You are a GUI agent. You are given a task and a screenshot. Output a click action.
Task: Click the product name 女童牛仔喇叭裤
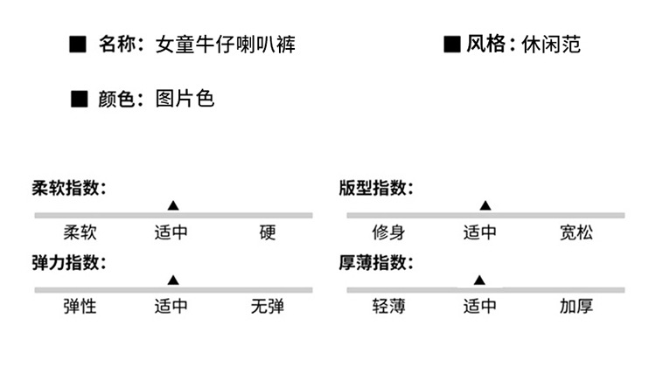click(226, 45)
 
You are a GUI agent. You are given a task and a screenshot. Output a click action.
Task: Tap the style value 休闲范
click(551, 44)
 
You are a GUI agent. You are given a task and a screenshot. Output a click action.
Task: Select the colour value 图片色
click(185, 99)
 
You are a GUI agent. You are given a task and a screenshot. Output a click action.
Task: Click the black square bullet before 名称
click(77, 45)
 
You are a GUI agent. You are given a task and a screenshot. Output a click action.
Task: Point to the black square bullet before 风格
click(452, 45)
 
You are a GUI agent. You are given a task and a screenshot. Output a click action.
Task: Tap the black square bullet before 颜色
click(79, 99)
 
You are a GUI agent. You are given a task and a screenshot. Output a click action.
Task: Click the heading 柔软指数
click(69, 188)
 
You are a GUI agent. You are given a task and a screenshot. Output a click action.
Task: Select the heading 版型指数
click(376, 188)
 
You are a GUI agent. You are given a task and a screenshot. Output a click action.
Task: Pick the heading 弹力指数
click(69, 262)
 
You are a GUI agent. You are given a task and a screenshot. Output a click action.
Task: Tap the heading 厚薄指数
click(376, 262)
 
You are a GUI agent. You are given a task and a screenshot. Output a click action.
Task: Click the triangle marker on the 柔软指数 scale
click(173, 205)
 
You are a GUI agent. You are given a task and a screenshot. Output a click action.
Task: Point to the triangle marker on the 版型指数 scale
click(485, 205)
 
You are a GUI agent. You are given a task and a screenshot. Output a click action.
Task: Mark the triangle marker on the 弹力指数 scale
click(173, 280)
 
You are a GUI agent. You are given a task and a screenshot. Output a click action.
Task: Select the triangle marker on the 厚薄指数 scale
click(479, 280)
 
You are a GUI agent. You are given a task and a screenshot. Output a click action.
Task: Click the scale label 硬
click(268, 232)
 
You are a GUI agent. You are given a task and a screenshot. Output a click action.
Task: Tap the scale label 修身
click(388, 232)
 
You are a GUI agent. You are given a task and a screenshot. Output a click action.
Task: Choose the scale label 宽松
click(576, 232)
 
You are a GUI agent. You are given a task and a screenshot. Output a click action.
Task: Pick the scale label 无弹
click(268, 307)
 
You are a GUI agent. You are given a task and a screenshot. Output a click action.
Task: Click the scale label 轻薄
click(388, 307)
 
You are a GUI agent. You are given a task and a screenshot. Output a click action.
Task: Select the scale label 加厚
click(576, 307)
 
